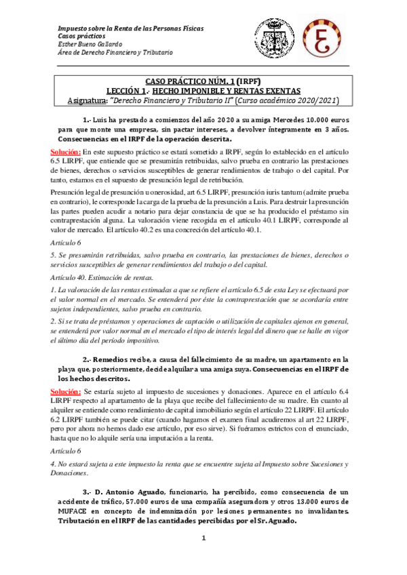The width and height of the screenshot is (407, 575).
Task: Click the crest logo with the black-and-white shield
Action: [x=275, y=39]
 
